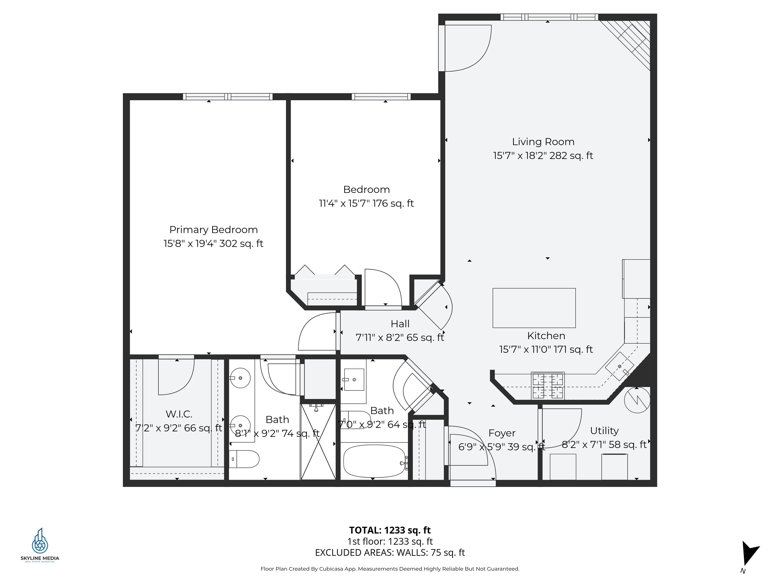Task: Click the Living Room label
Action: (x=543, y=142)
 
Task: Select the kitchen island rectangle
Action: (x=534, y=308)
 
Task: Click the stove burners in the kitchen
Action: (x=548, y=385)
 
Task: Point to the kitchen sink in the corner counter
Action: (x=619, y=366)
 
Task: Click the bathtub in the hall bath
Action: (x=375, y=461)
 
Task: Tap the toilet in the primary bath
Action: (x=244, y=459)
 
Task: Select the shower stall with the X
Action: (x=318, y=442)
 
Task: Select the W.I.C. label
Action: (x=179, y=414)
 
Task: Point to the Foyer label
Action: (x=502, y=433)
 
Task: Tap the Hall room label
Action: (x=400, y=324)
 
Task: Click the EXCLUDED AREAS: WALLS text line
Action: (x=390, y=552)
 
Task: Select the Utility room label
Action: (x=604, y=431)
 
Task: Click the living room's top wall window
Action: (x=549, y=17)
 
